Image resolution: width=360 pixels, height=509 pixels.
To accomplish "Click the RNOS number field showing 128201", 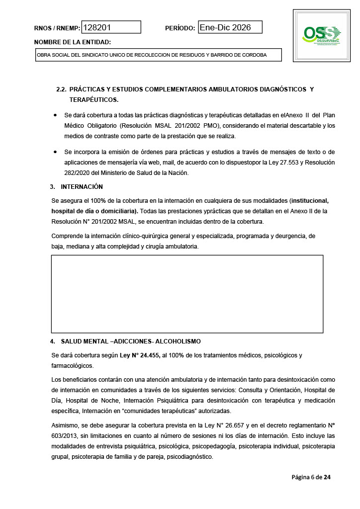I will (111, 27).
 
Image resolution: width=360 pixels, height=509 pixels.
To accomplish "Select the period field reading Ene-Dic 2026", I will (230, 27).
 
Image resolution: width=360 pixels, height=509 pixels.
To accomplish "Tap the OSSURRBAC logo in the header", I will (322, 34).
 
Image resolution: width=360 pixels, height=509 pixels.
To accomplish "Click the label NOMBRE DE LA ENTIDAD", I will (73, 42).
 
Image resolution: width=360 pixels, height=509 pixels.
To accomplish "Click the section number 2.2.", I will (61, 89).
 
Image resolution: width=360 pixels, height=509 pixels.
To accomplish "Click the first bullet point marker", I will (55, 115).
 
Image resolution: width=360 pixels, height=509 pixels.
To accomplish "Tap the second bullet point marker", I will (55, 152).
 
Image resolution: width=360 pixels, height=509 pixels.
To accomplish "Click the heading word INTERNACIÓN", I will (82, 187).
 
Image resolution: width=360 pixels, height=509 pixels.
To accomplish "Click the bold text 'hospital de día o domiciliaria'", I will (95, 211).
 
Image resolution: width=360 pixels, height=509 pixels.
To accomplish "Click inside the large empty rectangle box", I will (187, 294).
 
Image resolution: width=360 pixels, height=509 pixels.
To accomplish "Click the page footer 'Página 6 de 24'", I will (311, 478).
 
